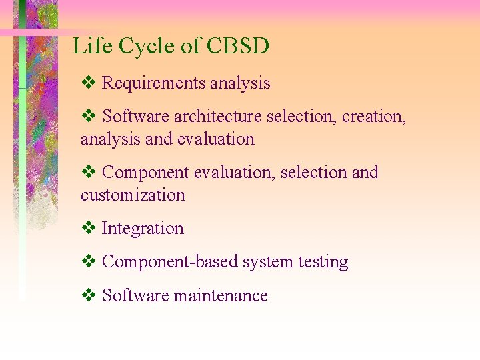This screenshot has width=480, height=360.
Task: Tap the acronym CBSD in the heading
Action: pyautogui.click(x=237, y=47)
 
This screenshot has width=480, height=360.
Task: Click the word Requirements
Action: pyautogui.click(x=154, y=83)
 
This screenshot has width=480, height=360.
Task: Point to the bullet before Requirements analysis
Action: pyautogui.click(x=88, y=83)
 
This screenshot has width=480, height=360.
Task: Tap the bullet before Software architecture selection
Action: pyautogui.click(x=88, y=117)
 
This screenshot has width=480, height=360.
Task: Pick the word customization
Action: pyautogui.click(x=133, y=195)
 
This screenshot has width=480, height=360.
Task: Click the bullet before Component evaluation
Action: pyautogui.click(x=88, y=173)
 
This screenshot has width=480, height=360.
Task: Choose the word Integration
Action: pyautogui.click(x=143, y=229)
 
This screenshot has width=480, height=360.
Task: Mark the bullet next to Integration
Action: pyautogui.click(x=88, y=229)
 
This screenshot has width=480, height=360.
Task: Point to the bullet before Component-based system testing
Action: pyautogui.click(x=88, y=262)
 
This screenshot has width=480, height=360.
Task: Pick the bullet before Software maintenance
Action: pyautogui.click(x=88, y=296)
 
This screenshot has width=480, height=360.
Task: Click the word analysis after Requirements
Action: pyautogui.click(x=240, y=84)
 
